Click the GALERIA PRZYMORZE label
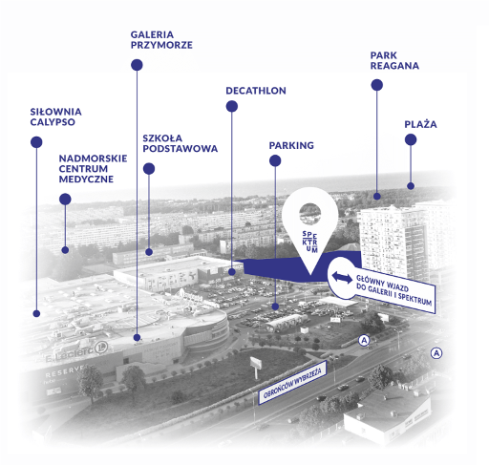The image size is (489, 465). pos(161,40)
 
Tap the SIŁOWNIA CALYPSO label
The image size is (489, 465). pos(55,116)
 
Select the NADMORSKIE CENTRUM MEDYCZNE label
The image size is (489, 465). pos(93,169)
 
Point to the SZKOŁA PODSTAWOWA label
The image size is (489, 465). pos(180,143)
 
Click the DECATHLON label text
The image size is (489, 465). pos(256,91)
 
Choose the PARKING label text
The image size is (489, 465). pos(291,145)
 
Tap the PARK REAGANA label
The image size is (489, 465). pos(394,60)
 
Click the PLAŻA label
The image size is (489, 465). pos(420,124)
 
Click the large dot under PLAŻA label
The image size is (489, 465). pos(411,139)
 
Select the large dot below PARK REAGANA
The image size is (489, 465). pos(377,85)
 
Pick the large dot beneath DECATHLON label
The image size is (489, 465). pos(232,106)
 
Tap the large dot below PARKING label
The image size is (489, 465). pos(275,160)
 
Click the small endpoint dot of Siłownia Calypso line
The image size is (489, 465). pos(36,313)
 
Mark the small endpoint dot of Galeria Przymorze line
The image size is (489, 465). pos(137,337)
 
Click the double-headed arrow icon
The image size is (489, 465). pos(342,277)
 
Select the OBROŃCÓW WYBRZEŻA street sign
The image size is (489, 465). pos(292,382)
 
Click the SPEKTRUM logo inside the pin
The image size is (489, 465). pos(309,242)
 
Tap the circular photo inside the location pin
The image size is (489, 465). pos(309,214)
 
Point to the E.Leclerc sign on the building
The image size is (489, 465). pos(76,351)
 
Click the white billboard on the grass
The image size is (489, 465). pos(256,363)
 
